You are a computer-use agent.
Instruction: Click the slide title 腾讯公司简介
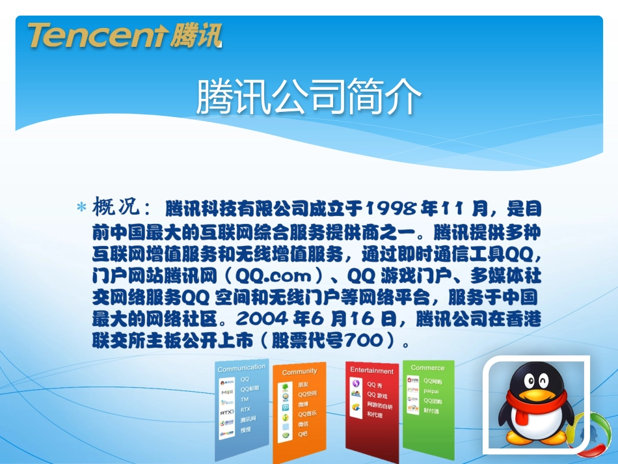[309, 98]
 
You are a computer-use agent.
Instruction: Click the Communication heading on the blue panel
[241, 368]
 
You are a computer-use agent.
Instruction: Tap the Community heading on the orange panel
[299, 372]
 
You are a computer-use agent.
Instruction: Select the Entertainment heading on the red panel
[371, 371]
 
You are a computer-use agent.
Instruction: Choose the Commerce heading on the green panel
[427, 368]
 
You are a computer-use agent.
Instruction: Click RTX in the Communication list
[245, 409]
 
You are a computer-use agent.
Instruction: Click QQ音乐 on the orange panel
[307, 414]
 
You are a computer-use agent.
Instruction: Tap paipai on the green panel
[431, 391]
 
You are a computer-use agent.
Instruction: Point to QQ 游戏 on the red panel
[377, 395]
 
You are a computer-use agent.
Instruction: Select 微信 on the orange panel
[303, 424]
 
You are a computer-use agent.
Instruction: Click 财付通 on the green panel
[431, 411]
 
